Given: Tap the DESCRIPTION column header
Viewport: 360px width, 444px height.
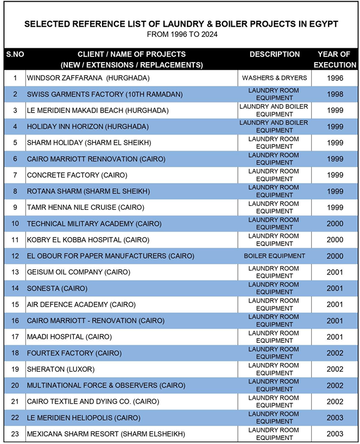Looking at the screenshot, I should click(275, 54).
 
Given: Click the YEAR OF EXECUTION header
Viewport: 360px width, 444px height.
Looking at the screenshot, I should click(334, 59).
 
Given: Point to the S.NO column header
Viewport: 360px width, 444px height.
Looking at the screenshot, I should click(15, 54).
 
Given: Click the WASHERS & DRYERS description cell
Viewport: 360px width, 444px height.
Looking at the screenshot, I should click(275, 78).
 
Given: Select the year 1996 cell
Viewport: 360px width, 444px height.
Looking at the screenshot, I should click(335, 78).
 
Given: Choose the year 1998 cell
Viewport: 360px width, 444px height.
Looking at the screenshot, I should click(335, 94).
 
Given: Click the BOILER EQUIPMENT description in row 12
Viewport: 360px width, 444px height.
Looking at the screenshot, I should click(275, 256).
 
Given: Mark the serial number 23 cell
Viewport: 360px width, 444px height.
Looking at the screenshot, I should click(15, 434).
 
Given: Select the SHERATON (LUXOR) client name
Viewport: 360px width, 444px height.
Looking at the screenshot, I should click(61, 369).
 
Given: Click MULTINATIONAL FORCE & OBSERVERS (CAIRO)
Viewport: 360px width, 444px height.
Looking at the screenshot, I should click(106, 385).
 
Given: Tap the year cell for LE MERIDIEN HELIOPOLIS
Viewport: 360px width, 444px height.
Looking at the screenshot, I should click(335, 418).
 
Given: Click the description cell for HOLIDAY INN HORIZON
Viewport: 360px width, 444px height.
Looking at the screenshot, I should click(275, 127).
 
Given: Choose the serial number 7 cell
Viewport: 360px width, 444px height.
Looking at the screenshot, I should click(15, 175).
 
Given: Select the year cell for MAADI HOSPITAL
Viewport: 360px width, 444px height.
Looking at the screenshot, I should click(335, 337).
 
